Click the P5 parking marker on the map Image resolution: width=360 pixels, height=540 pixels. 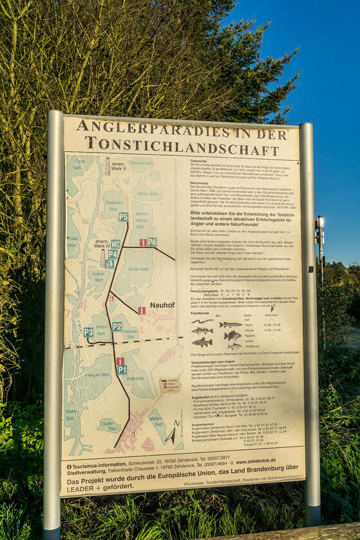pyautogui.click(x=123, y=217)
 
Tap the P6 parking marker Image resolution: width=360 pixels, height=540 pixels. pyautogui.click(x=152, y=242)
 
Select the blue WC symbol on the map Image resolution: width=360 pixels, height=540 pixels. pyautogui.click(x=115, y=244)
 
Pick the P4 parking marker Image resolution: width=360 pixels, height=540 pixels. pyautogui.click(x=112, y=254)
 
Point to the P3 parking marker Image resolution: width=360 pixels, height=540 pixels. pyautogui.click(x=88, y=332)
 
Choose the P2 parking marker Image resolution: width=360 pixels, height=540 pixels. pyautogui.click(x=117, y=326)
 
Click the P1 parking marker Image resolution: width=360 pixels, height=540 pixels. pyautogui.click(x=122, y=370)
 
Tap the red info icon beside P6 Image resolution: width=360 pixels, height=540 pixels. pyautogui.click(x=143, y=243)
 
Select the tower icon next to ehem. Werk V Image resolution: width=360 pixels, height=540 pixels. pyautogui.click(x=108, y=167)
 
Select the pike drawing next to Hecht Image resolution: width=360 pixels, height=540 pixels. pyautogui.click(x=230, y=325)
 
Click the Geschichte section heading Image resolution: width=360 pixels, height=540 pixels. pyautogui.click(x=199, y=161)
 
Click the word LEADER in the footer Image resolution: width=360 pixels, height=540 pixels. pyautogui.click(x=79, y=488)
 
